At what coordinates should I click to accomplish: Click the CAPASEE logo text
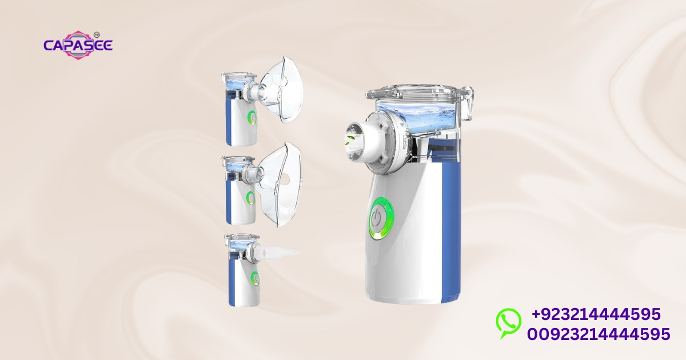point(78,45)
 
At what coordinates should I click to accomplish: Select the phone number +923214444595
point(596,314)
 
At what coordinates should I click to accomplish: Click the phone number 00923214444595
point(599,333)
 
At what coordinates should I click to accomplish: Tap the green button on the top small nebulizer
point(251,118)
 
